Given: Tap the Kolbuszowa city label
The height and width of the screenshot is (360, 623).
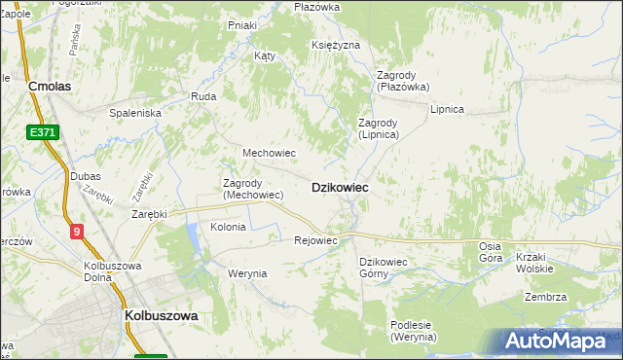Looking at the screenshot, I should (x=162, y=316).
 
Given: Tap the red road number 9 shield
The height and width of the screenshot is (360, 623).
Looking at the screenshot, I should (x=77, y=231).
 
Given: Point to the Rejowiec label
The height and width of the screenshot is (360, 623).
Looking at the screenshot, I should (x=315, y=240).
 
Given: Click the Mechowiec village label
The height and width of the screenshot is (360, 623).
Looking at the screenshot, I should (x=269, y=153).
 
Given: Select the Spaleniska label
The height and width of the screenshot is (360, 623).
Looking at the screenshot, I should (x=135, y=113).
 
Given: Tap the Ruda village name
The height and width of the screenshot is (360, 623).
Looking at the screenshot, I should (x=203, y=96).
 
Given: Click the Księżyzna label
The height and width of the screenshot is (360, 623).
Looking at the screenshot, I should (x=337, y=46).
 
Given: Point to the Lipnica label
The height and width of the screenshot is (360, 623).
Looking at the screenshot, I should (x=447, y=109).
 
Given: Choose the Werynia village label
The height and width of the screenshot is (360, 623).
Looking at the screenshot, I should (x=247, y=273).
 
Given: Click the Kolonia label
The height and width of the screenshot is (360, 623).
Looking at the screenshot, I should (x=228, y=227).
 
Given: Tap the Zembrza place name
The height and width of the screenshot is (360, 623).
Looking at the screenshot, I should (x=545, y=297).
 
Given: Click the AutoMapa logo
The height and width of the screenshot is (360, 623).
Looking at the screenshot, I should (x=556, y=342).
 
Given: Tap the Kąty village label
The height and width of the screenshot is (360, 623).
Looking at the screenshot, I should (x=265, y=55).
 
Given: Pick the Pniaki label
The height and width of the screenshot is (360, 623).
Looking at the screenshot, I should (x=242, y=24).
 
